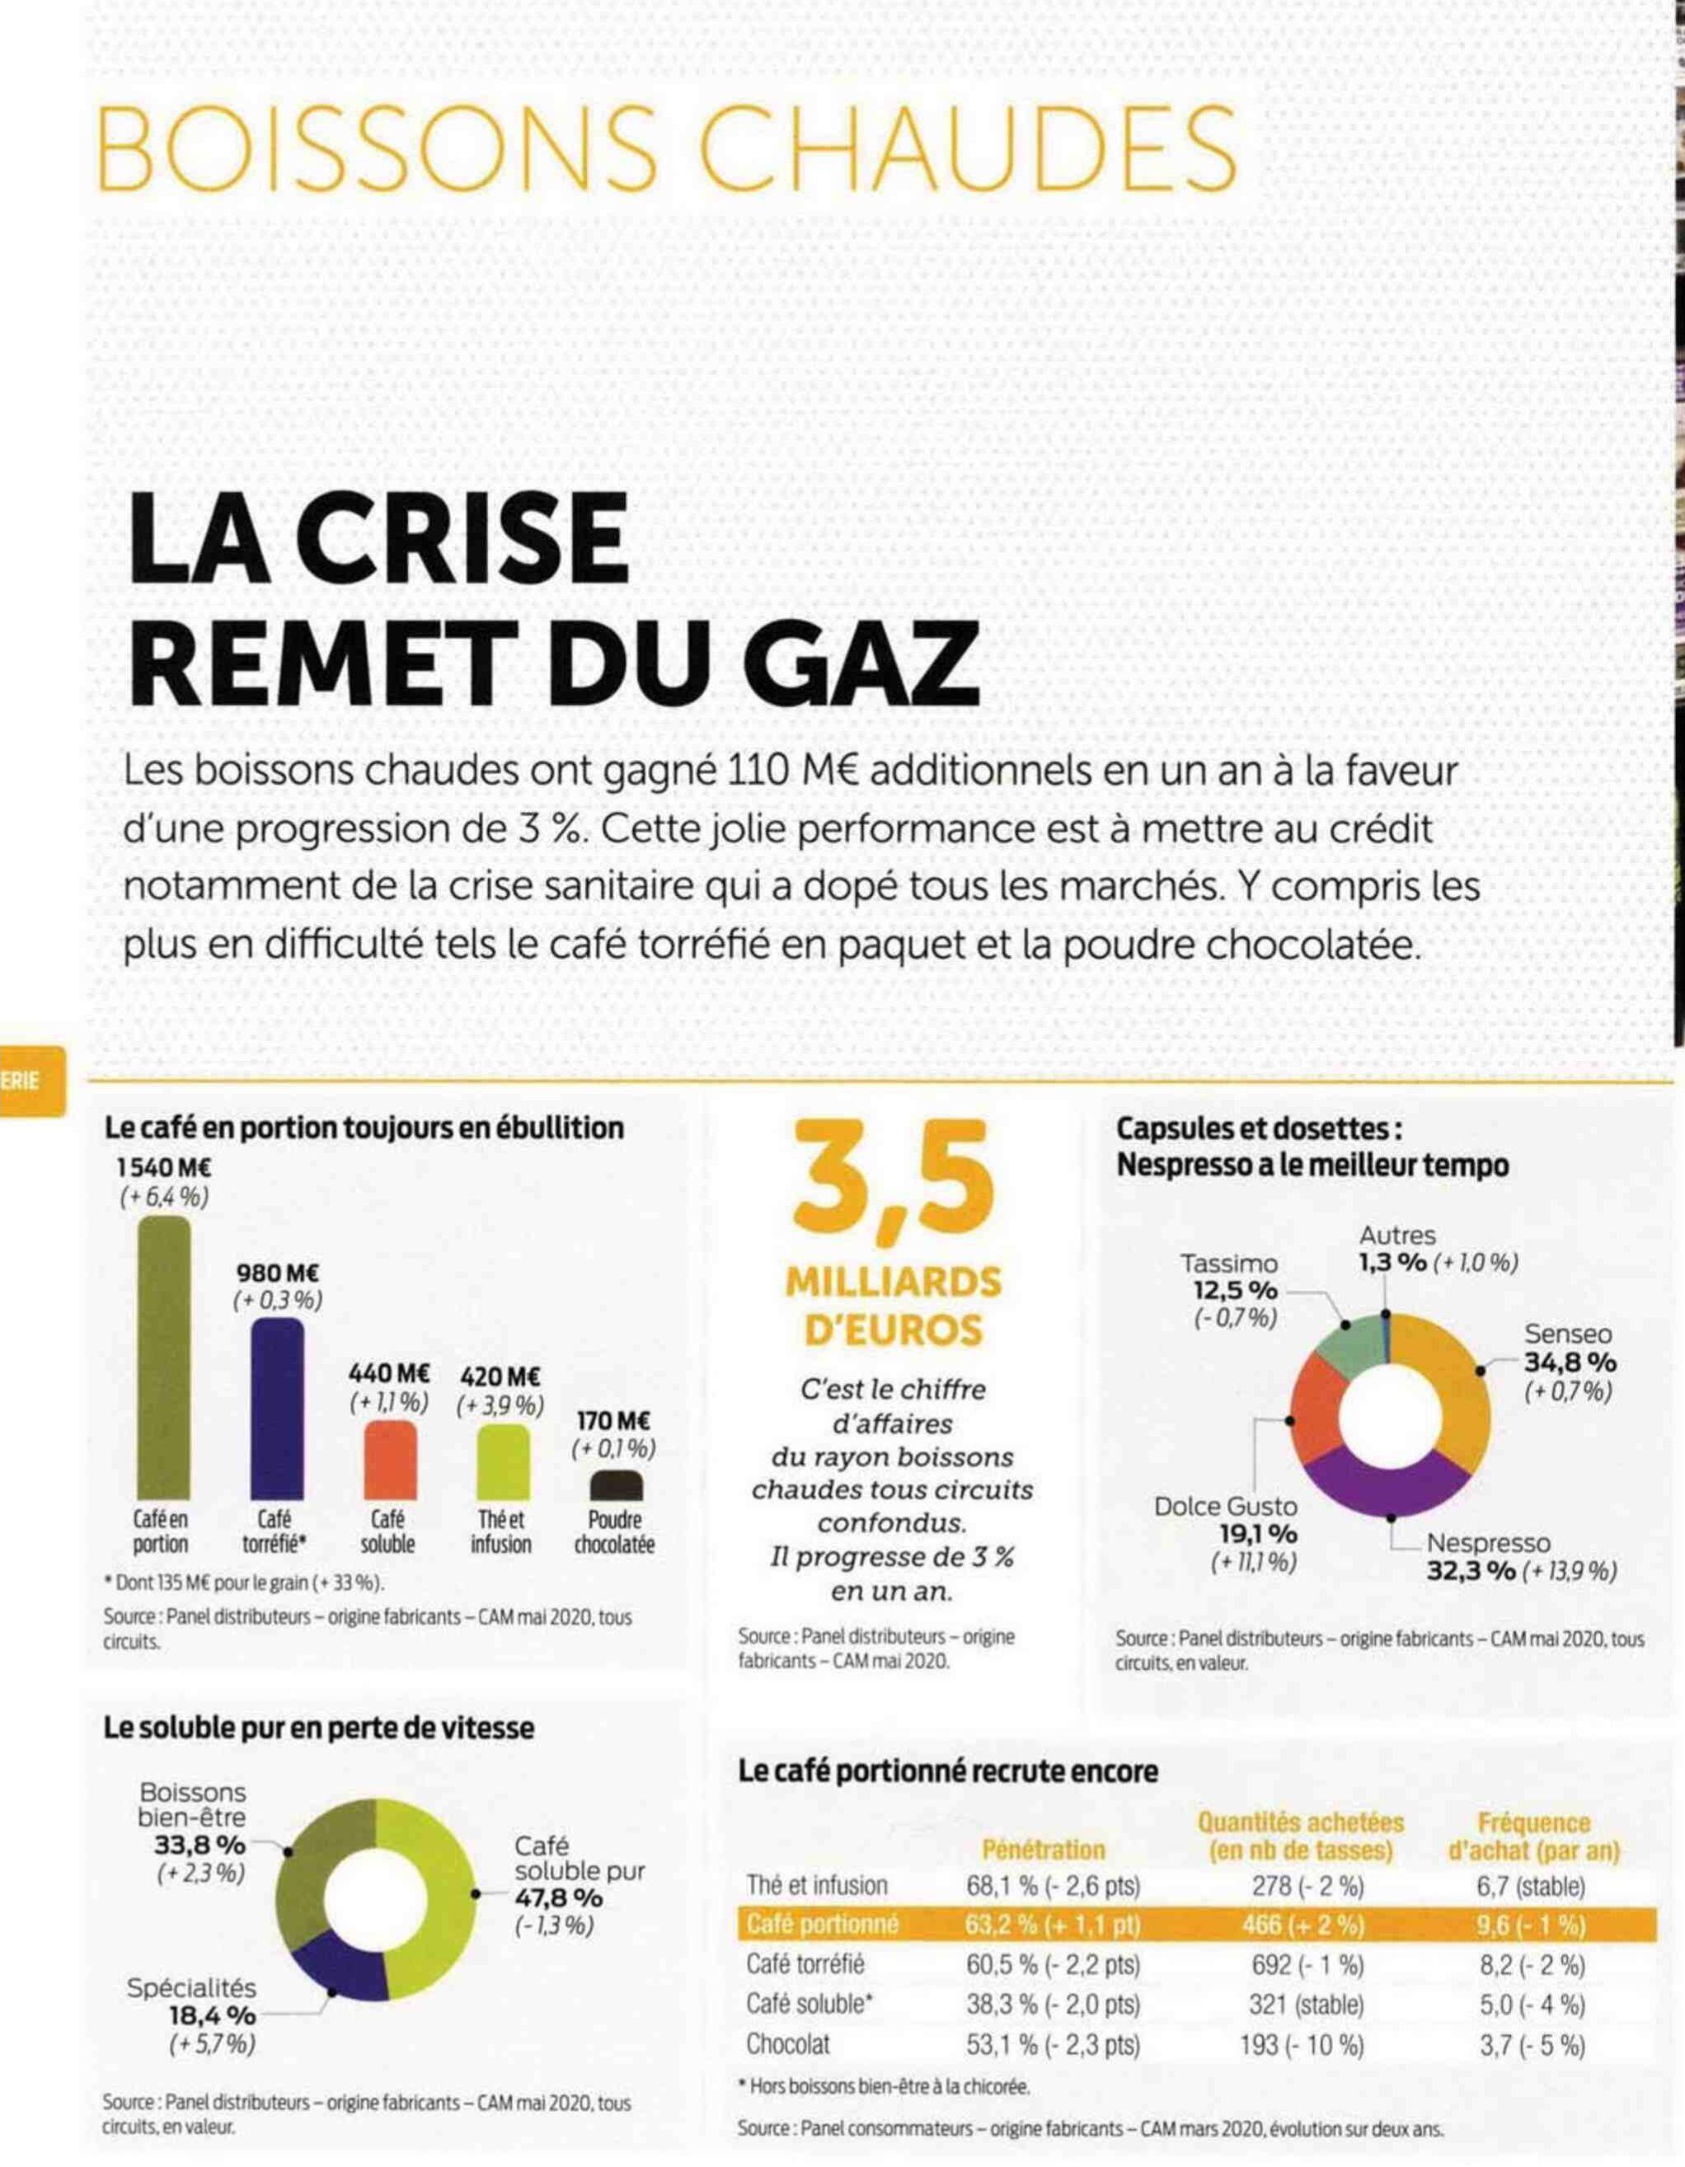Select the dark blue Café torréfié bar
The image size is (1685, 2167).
277,1408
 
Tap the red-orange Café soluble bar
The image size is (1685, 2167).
390,1460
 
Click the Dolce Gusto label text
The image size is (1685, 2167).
1226,1506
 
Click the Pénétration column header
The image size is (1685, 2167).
1043,1850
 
